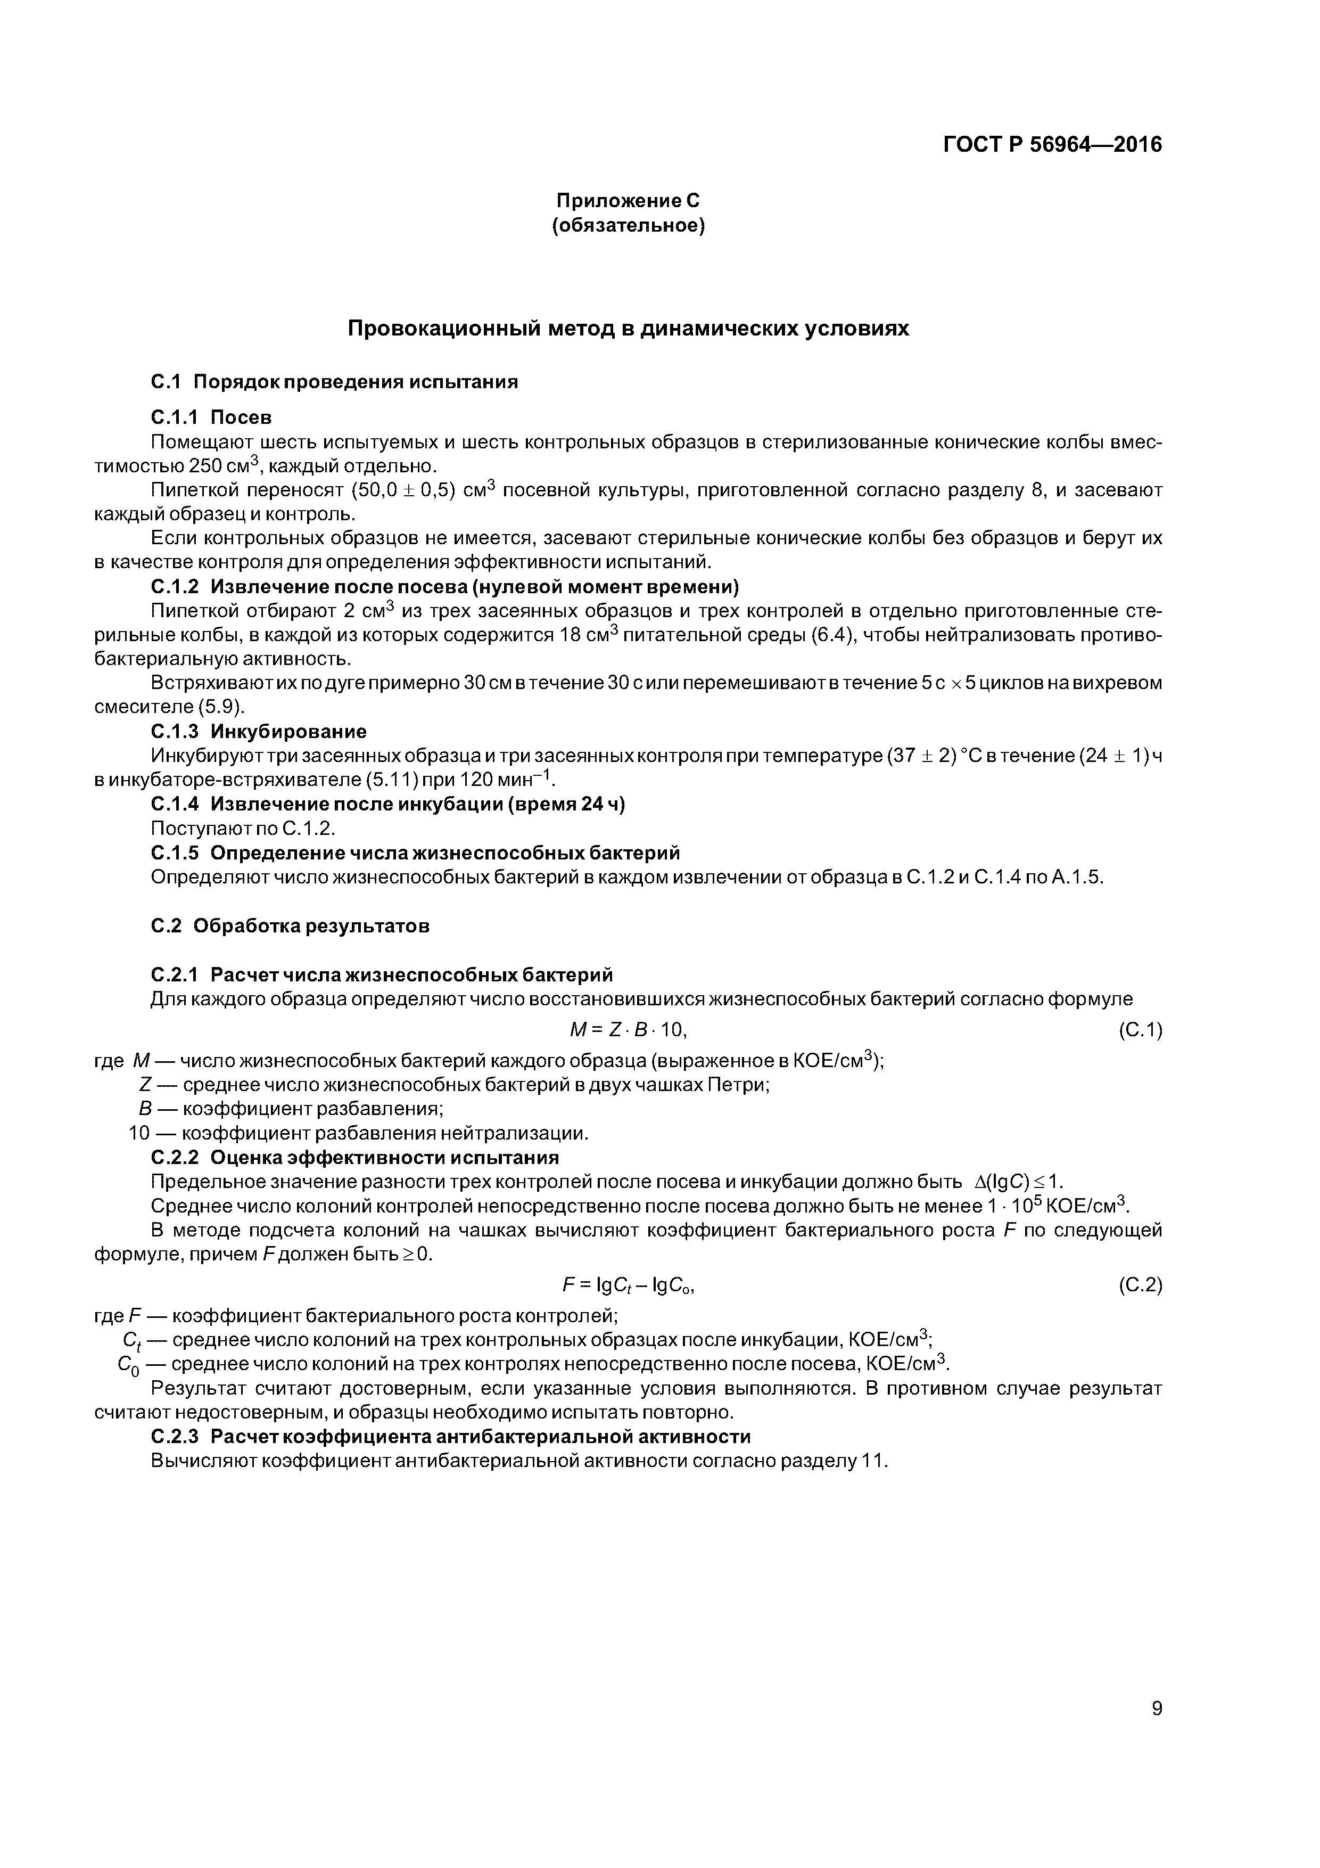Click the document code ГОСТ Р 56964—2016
coord(1052,145)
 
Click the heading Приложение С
coord(628,200)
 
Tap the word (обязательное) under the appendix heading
coord(628,225)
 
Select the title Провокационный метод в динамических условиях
coord(628,329)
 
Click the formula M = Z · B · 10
coord(629,1030)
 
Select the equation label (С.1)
coord(1140,1031)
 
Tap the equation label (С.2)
coord(1140,1285)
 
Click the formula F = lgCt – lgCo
coord(629,1285)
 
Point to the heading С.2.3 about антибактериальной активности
coord(451,1436)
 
